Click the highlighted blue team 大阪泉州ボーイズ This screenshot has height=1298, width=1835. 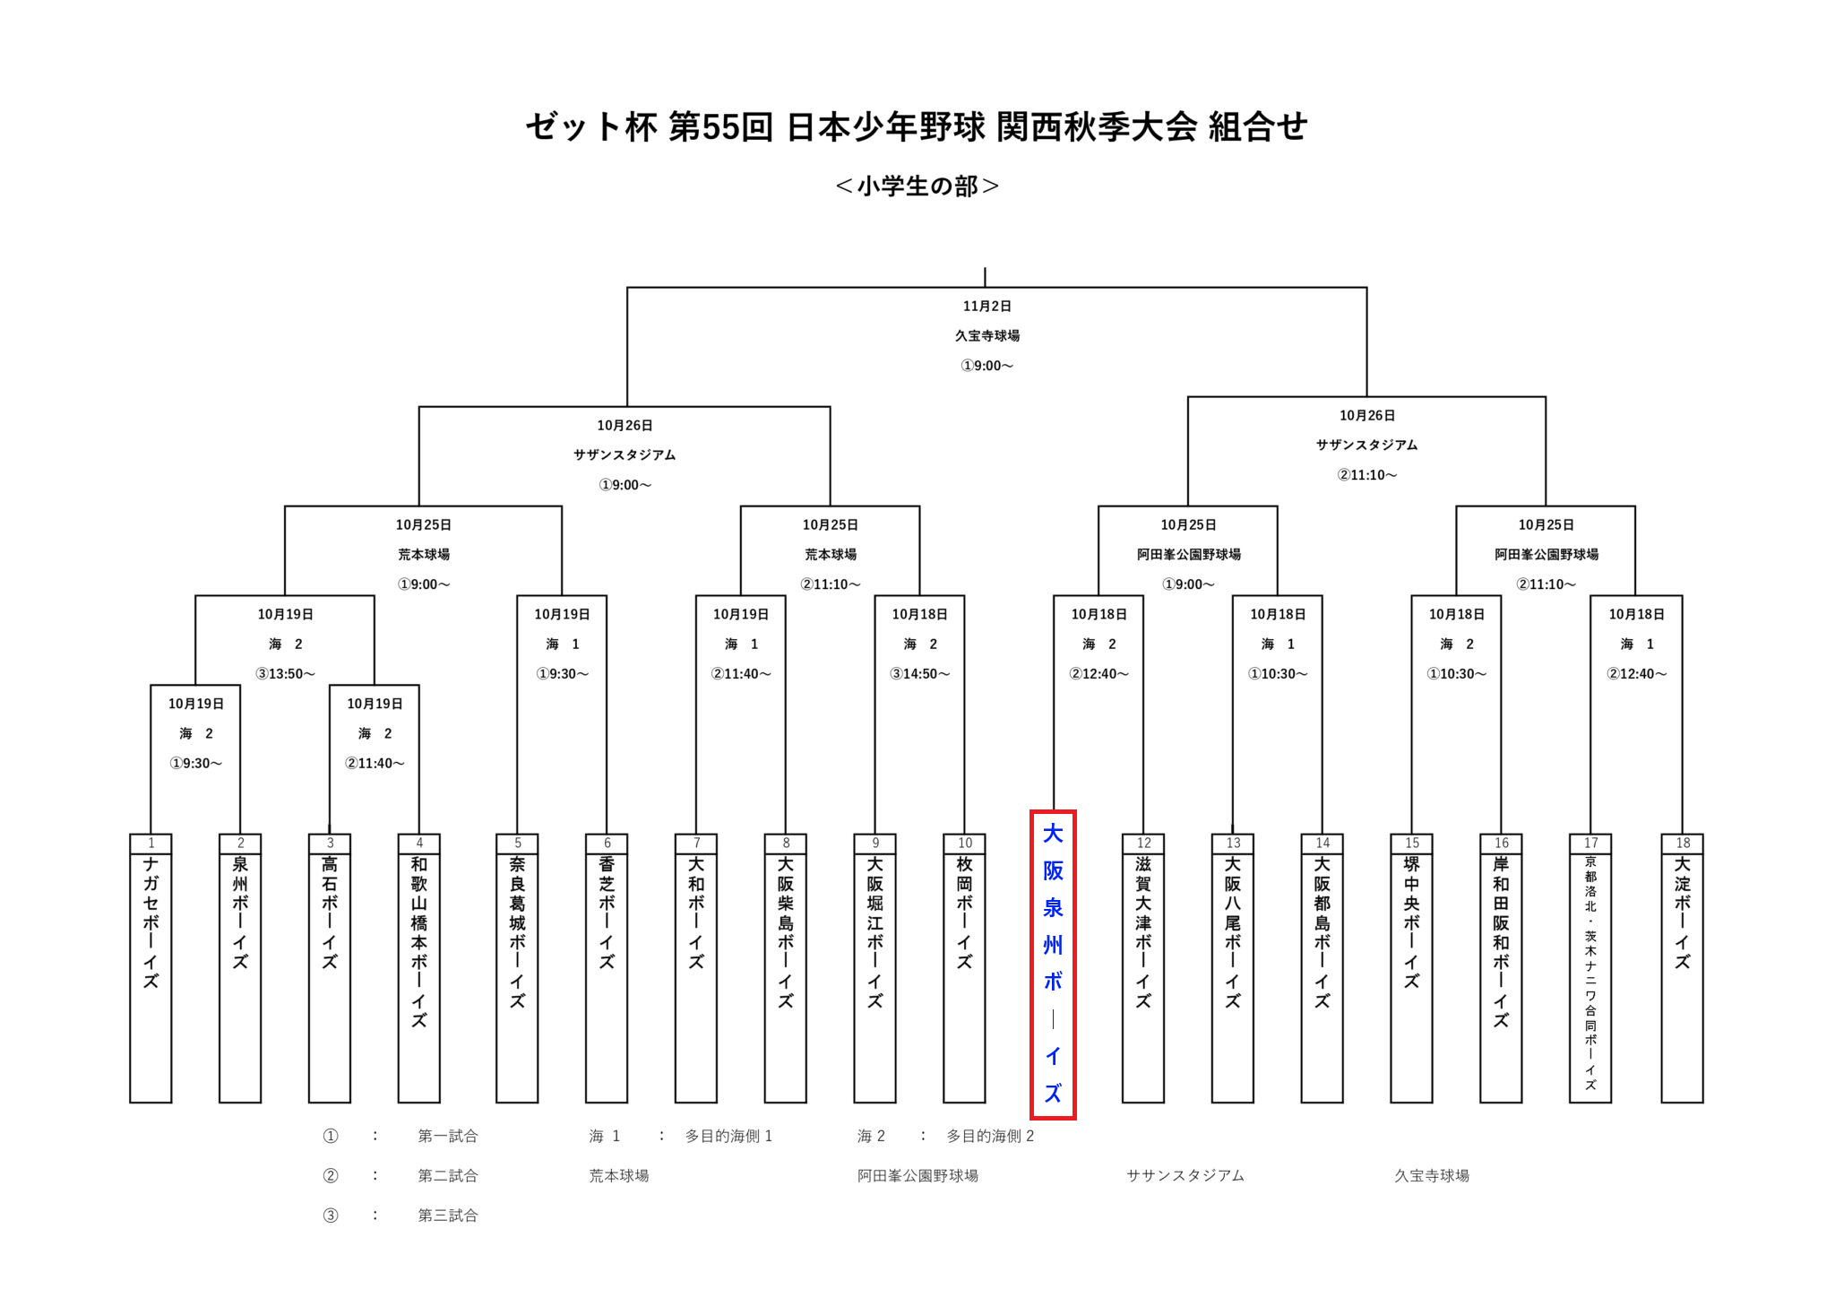pos(1053,964)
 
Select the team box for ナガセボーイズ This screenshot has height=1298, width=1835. pos(151,968)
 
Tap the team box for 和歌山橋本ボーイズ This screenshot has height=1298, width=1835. pos(419,968)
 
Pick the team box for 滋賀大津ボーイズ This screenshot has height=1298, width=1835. pos(1143,968)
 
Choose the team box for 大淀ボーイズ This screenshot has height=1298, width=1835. pos(1682,968)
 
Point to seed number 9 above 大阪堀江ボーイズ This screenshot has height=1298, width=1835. pos(875,843)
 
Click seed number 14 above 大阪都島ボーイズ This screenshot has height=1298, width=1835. pos(1322,843)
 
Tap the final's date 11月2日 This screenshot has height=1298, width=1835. pos(986,307)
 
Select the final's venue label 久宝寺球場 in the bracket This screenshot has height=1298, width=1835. pos(986,336)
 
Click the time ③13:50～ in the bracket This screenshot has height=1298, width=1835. pos(285,674)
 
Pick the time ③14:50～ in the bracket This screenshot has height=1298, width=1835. pos(919,674)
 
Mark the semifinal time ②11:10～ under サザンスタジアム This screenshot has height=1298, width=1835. pos(1366,475)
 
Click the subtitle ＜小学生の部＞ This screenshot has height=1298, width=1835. pos(917,186)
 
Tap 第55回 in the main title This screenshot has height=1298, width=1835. pos(720,127)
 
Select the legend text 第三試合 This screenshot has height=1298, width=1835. pos(447,1216)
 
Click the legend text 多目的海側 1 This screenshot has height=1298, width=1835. pos(728,1137)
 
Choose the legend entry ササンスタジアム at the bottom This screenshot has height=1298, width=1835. pos(1185,1176)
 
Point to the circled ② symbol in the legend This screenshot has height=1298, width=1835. pos(331,1176)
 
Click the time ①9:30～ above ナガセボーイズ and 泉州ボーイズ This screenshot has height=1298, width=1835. pos(195,764)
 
